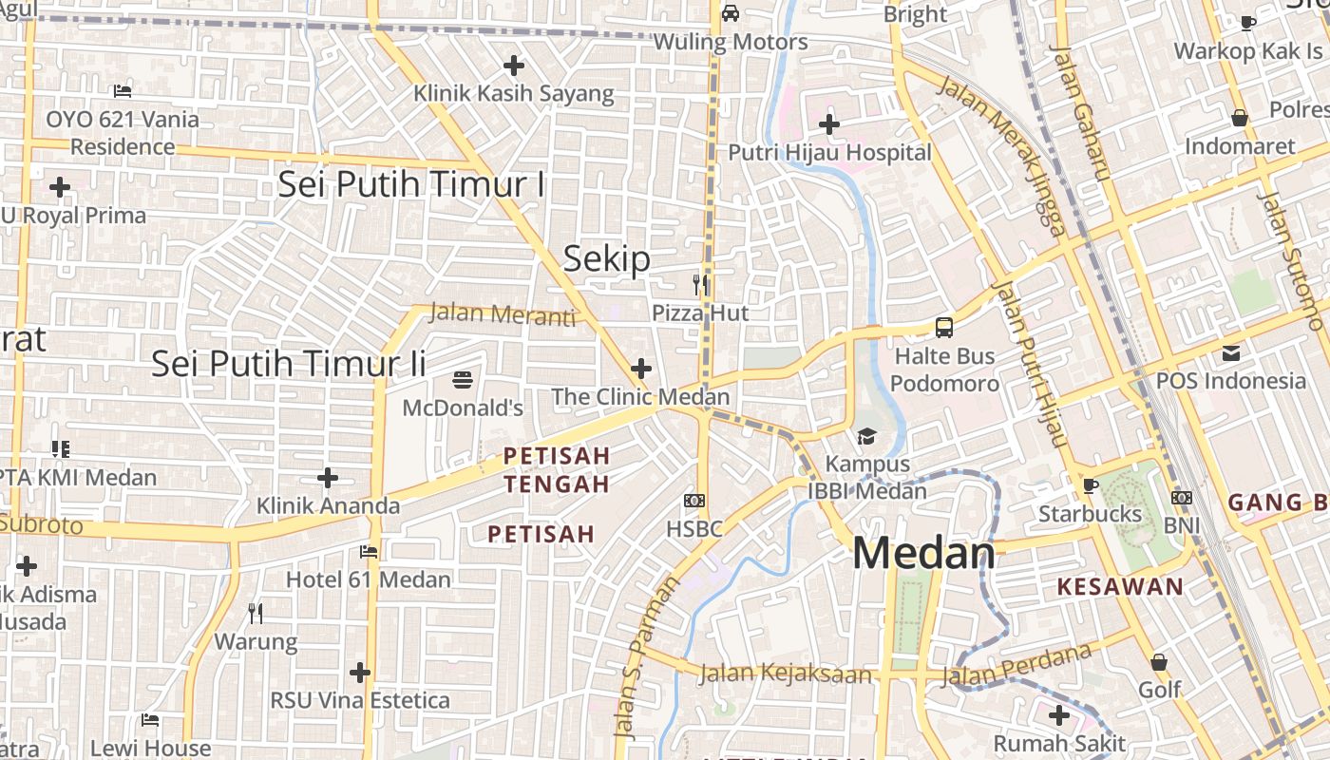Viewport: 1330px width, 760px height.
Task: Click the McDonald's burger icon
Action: tap(463, 380)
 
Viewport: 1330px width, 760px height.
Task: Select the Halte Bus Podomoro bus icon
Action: tap(943, 328)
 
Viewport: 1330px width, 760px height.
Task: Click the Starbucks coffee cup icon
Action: tap(1090, 486)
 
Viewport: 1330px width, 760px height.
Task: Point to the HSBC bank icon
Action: tap(694, 501)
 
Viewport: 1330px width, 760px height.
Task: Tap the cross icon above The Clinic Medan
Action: tap(641, 369)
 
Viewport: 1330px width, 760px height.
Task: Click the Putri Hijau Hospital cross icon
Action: tap(829, 123)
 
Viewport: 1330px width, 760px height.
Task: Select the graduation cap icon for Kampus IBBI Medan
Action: tap(866, 436)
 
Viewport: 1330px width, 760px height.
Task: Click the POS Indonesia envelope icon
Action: tap(1231, 353)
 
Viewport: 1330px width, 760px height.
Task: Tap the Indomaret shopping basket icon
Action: tap(1240, 119)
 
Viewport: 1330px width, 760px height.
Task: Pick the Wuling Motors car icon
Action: tap(730, 13)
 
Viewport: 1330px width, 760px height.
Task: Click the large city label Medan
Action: tap(923, 553)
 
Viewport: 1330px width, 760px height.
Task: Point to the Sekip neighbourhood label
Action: tap(607, 258)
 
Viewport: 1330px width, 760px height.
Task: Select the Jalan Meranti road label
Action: tap(503, 313)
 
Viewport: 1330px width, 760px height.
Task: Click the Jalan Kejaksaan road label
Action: tap(785, 674)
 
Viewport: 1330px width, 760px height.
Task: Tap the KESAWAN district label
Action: tap(1120, 586)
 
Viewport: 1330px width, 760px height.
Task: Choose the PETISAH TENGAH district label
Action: tap(557, 470)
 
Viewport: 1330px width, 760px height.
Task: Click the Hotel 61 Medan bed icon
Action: tap(369, 551)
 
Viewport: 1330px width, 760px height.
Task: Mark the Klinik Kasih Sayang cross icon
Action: tap(514, 66)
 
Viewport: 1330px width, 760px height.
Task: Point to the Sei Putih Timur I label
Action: tap(411, 184)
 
